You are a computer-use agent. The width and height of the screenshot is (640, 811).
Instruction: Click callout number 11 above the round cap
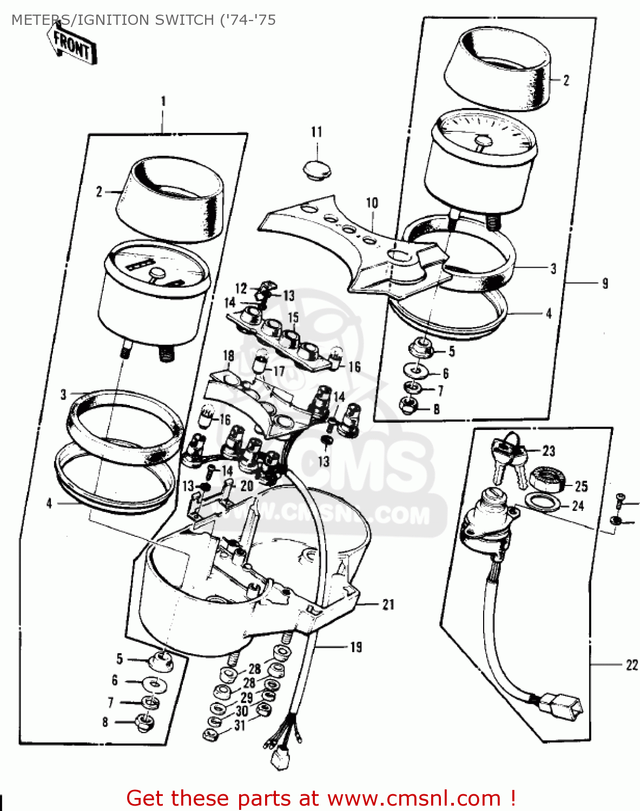pos(316,132)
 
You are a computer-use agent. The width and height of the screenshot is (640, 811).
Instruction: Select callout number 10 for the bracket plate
pos(372,203)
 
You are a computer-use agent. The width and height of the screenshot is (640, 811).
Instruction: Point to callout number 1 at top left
pos(163,101)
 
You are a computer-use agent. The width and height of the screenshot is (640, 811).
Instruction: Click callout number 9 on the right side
pos(605,283)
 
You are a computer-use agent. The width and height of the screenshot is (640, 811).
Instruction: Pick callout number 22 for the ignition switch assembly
pos(631,665)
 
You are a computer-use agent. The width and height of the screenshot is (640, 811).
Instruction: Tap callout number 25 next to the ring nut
pos(581,486)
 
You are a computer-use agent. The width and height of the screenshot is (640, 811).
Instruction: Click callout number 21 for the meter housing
pos(388,604)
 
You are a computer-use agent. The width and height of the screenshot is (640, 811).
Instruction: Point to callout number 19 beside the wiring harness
pos(356,647)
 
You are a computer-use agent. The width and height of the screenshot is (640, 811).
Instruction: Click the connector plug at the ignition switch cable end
pos(563,706)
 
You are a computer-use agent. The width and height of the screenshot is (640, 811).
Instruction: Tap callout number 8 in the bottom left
pos(105,722)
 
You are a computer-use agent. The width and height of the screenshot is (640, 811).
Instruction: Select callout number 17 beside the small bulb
pos(279,372)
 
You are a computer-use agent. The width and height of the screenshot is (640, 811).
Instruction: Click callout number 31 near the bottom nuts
pos(240,726)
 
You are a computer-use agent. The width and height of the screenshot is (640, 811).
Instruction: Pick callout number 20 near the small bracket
pos(247,486)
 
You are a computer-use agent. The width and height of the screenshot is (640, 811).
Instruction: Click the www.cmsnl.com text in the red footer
pos(414,798)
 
